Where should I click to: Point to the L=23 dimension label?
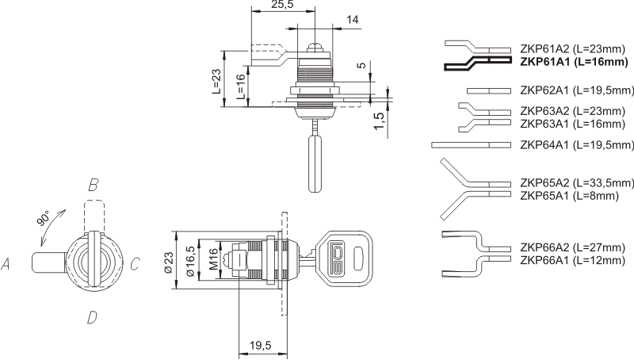click(x=216, y=81)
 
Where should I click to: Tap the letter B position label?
click(x=93, y=186)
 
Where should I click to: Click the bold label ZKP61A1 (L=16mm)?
click(x=574, y=62)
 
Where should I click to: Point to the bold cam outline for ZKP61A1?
click(x=478, y=62)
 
